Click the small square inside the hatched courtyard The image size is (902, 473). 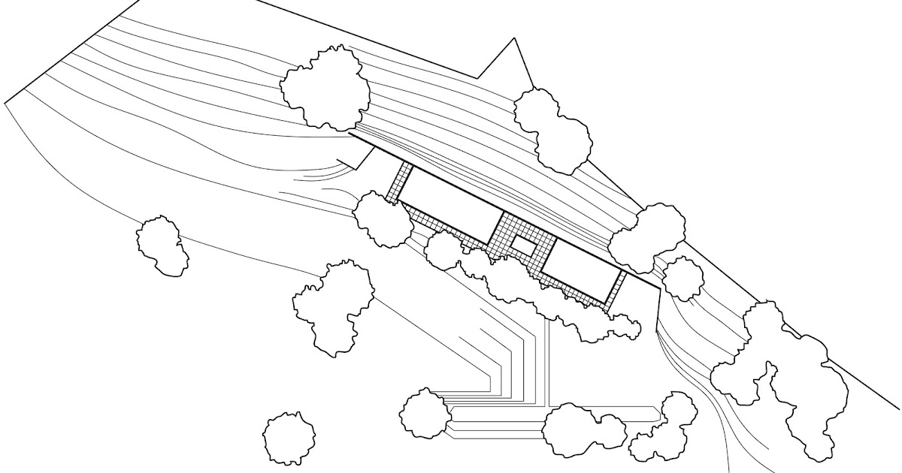tap(524, 246)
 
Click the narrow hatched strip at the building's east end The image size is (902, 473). tap(618, 288)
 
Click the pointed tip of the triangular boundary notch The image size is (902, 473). tap(514, 39)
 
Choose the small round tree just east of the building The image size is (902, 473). tap(683, 279)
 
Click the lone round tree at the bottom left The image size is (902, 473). tap(289, 438)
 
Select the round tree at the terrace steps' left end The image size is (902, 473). tap(425, 413)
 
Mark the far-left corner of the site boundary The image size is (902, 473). tap(6, 102)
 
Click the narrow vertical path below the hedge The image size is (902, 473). tap(551, 360)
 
